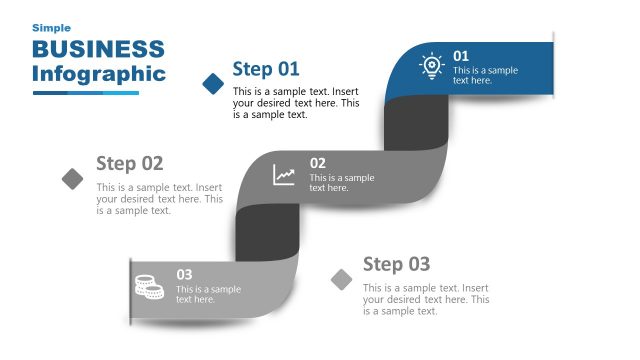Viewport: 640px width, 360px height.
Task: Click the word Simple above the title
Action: (x=51, y=28)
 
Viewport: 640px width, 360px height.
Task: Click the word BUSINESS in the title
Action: (x=98, y=49)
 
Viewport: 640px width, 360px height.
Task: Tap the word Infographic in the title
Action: (x=98, y=73)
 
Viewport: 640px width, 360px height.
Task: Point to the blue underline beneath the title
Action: (x=85, y=93)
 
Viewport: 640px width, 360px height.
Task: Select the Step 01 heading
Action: (x=266, y=68)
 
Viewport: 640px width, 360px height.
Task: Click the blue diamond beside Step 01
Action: (x=213, y=83)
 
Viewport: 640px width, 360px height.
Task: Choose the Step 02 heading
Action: (x=129, y=163)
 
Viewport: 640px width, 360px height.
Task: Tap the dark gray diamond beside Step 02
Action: (x=73, y=178)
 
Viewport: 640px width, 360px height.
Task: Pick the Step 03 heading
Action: (x=396, y=264)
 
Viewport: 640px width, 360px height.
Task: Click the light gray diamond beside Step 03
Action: (x=343, y=279)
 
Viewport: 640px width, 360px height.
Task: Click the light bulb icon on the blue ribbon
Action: (x=431, y=66)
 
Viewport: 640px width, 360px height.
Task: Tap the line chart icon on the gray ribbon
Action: (x=285, y=175)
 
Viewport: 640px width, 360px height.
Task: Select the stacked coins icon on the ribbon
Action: (x=149, y=287)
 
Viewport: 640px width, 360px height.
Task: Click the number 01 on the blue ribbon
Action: (x=461, y=56)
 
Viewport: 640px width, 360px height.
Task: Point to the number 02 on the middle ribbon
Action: (x=317, y=163)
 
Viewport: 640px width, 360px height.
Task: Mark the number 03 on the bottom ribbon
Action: (x=184, y=274)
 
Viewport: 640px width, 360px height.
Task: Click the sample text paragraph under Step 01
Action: (x=295, y=103)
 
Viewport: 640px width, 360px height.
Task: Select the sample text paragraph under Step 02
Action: (x=159, y=198)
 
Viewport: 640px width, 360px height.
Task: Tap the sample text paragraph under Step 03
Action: (x=425, y=299)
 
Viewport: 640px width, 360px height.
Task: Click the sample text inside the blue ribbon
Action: (x=485, y=75)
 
